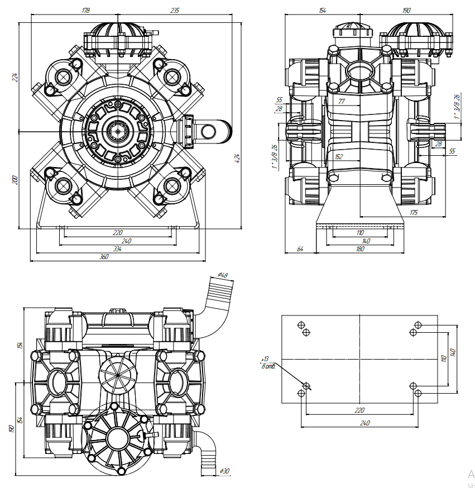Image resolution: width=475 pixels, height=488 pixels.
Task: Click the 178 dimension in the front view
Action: pos(85,10)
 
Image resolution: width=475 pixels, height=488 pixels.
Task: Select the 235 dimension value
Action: pos(174,10)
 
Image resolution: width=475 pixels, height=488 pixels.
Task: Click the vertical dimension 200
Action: pos(16,180)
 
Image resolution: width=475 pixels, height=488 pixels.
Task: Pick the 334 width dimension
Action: pos(117,249)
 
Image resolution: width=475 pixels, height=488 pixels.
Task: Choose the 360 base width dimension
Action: pos(104,257)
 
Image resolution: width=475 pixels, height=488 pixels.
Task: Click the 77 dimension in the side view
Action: pos(342,102)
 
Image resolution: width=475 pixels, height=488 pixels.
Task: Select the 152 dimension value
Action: pos(339,157)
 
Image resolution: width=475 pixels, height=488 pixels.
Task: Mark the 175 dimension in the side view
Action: pos(414,212)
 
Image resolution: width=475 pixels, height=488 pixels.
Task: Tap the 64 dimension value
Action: pos(300,248)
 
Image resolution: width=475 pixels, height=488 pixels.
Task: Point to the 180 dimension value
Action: pos(360,248)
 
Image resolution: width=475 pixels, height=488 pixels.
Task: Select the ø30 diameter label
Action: pos(225,472)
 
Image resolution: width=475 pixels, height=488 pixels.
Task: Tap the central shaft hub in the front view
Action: pos(118,132)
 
